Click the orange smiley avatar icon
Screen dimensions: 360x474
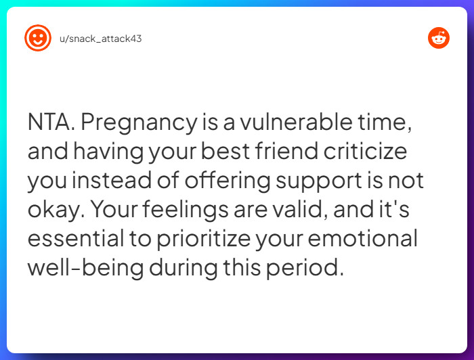(37, 38)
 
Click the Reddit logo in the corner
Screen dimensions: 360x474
(439, 38)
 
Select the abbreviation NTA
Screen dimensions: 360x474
(51, 124)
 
